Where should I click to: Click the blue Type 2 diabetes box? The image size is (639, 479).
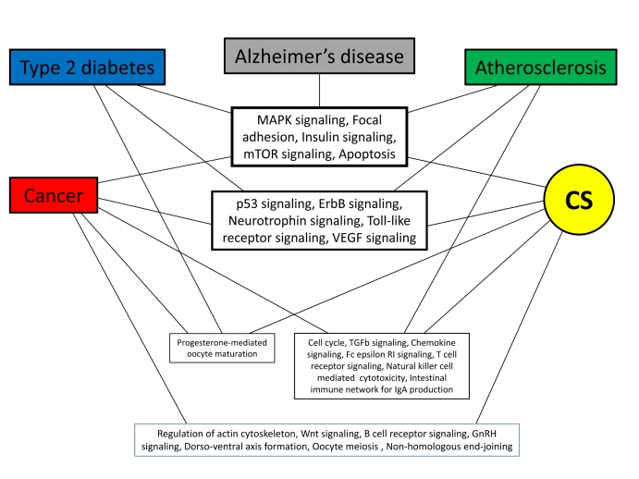click(x=88, y=68)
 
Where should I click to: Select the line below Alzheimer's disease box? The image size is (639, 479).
click(x=320, y=91)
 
